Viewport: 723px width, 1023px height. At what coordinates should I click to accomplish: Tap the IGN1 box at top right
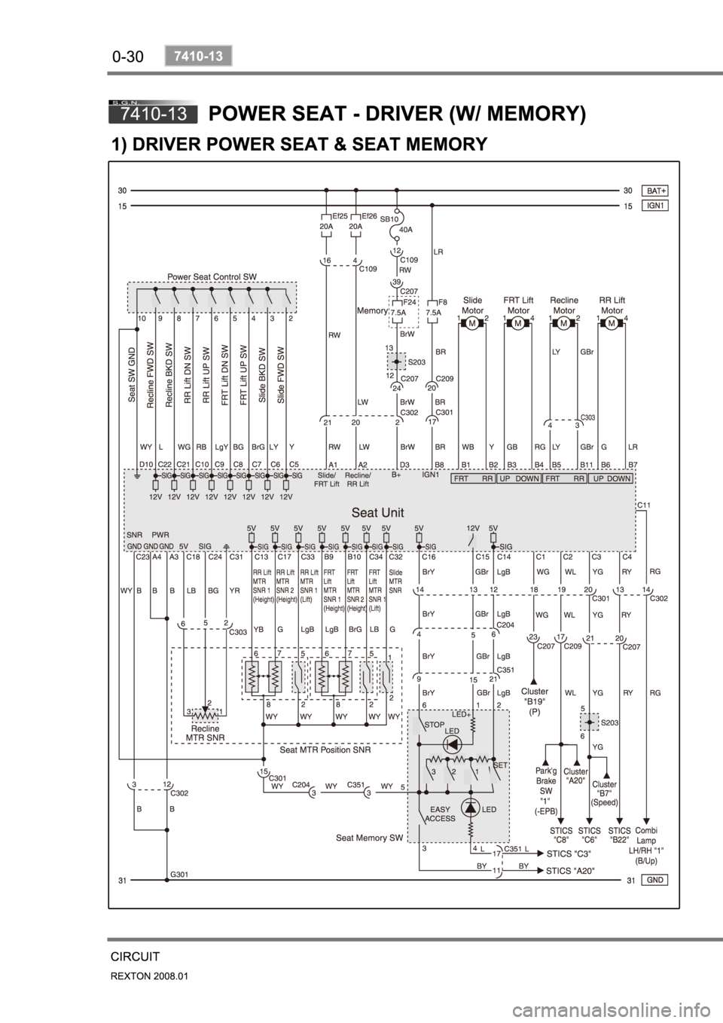pyautogui.click(x=654, y=205)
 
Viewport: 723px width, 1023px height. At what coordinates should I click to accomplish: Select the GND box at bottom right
pyautogui.click(x=654, y=880)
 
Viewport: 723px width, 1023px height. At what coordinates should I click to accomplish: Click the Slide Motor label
pyautogui.click(x=472, y=305)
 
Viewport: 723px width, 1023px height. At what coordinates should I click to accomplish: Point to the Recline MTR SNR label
pyautogui.click(x=205, y=734)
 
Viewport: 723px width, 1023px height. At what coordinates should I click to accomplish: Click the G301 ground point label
pyautogui.click(x=178, y=874)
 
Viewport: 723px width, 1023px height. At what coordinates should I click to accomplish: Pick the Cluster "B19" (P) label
pyautogui.click(x=535, y=700)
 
